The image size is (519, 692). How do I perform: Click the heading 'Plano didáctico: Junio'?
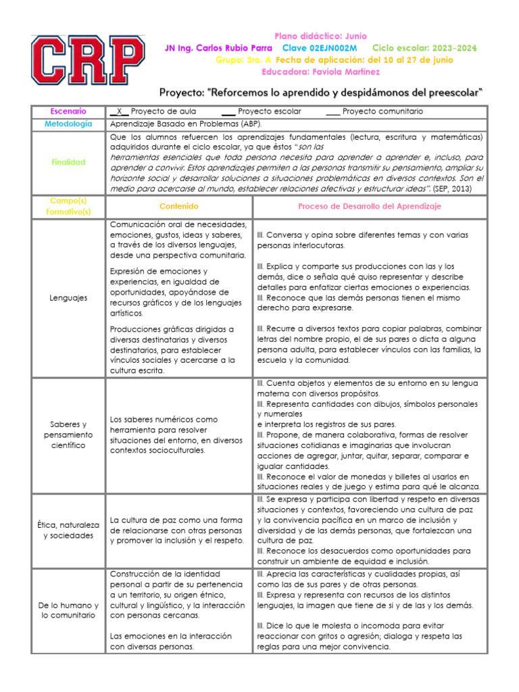321,36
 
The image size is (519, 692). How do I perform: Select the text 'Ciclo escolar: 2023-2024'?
424,48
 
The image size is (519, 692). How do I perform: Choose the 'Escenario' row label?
68,111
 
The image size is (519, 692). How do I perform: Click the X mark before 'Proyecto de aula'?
119,111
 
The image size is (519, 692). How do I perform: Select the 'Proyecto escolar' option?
270,111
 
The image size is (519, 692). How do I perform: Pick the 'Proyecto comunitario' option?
382,111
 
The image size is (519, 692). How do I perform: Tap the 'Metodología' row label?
68,124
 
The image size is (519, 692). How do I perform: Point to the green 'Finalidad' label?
68,163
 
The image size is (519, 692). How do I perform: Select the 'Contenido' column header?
179,206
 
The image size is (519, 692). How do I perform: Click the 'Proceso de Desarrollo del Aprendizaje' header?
370,206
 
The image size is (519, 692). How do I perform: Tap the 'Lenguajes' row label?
68,298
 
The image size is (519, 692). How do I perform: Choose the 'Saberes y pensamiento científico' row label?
68,435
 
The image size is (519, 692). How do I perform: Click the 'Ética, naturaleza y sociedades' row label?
68,530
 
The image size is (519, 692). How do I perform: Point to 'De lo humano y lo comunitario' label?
68,610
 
